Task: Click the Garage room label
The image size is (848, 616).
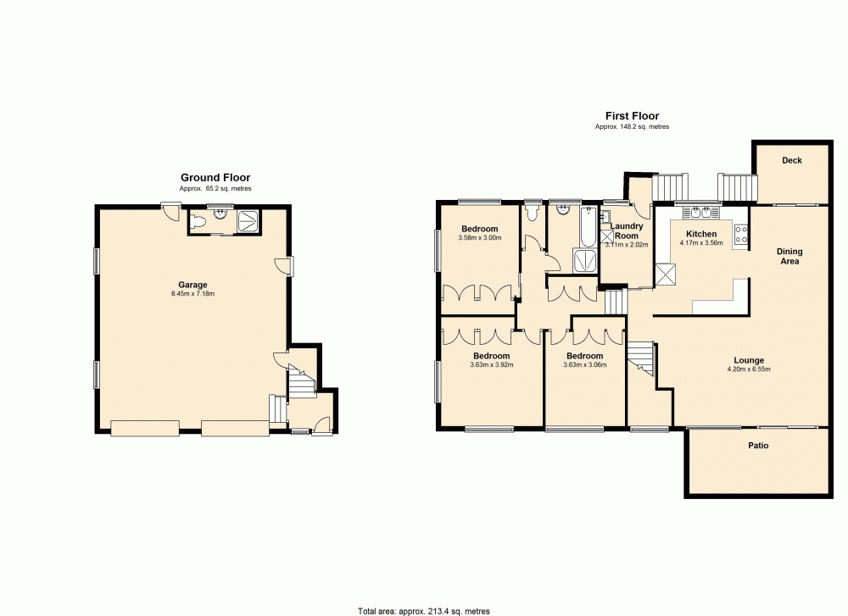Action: pos(192,285)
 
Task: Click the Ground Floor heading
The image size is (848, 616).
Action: pos(215,178)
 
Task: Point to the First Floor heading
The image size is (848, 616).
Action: pos(632,116)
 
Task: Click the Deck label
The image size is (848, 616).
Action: pos(791,160)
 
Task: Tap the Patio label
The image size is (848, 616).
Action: pos(758,445)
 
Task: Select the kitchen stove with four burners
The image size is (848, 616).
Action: pos(740,234)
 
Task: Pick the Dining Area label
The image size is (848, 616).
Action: pos(789,257)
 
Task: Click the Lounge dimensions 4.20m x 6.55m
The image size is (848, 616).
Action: pos(749,369)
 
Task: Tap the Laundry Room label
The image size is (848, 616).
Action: pos(628,230)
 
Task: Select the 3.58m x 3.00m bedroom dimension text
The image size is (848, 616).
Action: pos(480,238)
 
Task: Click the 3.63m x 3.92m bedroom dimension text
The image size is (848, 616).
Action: pos(492,365)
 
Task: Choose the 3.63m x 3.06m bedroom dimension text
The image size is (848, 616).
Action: pos(585,365)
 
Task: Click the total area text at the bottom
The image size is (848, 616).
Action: pos(423,610)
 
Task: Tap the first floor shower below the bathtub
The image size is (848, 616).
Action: pos(585,260)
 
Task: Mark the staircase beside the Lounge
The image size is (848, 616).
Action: pos(643,359)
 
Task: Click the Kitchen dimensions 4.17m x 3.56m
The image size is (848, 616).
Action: pos(701,243)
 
